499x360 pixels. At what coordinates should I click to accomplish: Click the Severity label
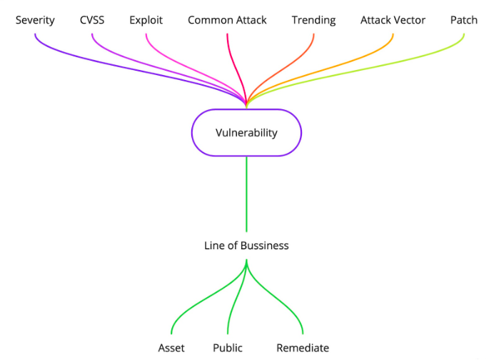(35, 20)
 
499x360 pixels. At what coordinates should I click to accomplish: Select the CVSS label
(92, 20)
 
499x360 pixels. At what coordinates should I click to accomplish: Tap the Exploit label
(146, 20)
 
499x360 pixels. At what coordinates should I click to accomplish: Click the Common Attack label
(227, 20)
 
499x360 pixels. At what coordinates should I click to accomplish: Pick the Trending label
(313, 20)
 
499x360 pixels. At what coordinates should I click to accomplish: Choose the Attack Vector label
(393, 20)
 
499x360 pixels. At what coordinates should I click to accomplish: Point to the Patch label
(464, 20)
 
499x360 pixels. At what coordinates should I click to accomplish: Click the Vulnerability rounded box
(246, 133)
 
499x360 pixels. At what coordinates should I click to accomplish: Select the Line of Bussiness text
(246, 245)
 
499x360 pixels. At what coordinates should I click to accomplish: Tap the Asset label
(171, 348)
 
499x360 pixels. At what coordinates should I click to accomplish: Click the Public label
(228, 348)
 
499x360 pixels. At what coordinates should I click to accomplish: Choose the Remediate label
(303, 348)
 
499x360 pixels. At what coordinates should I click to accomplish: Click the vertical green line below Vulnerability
(246, 193)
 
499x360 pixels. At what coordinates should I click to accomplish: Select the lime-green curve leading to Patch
(400, 68)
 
